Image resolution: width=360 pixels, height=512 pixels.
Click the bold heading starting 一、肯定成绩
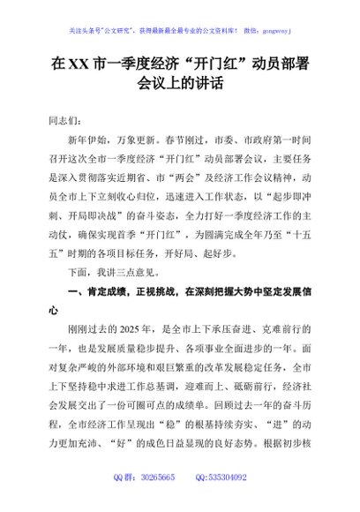(176, 294)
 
